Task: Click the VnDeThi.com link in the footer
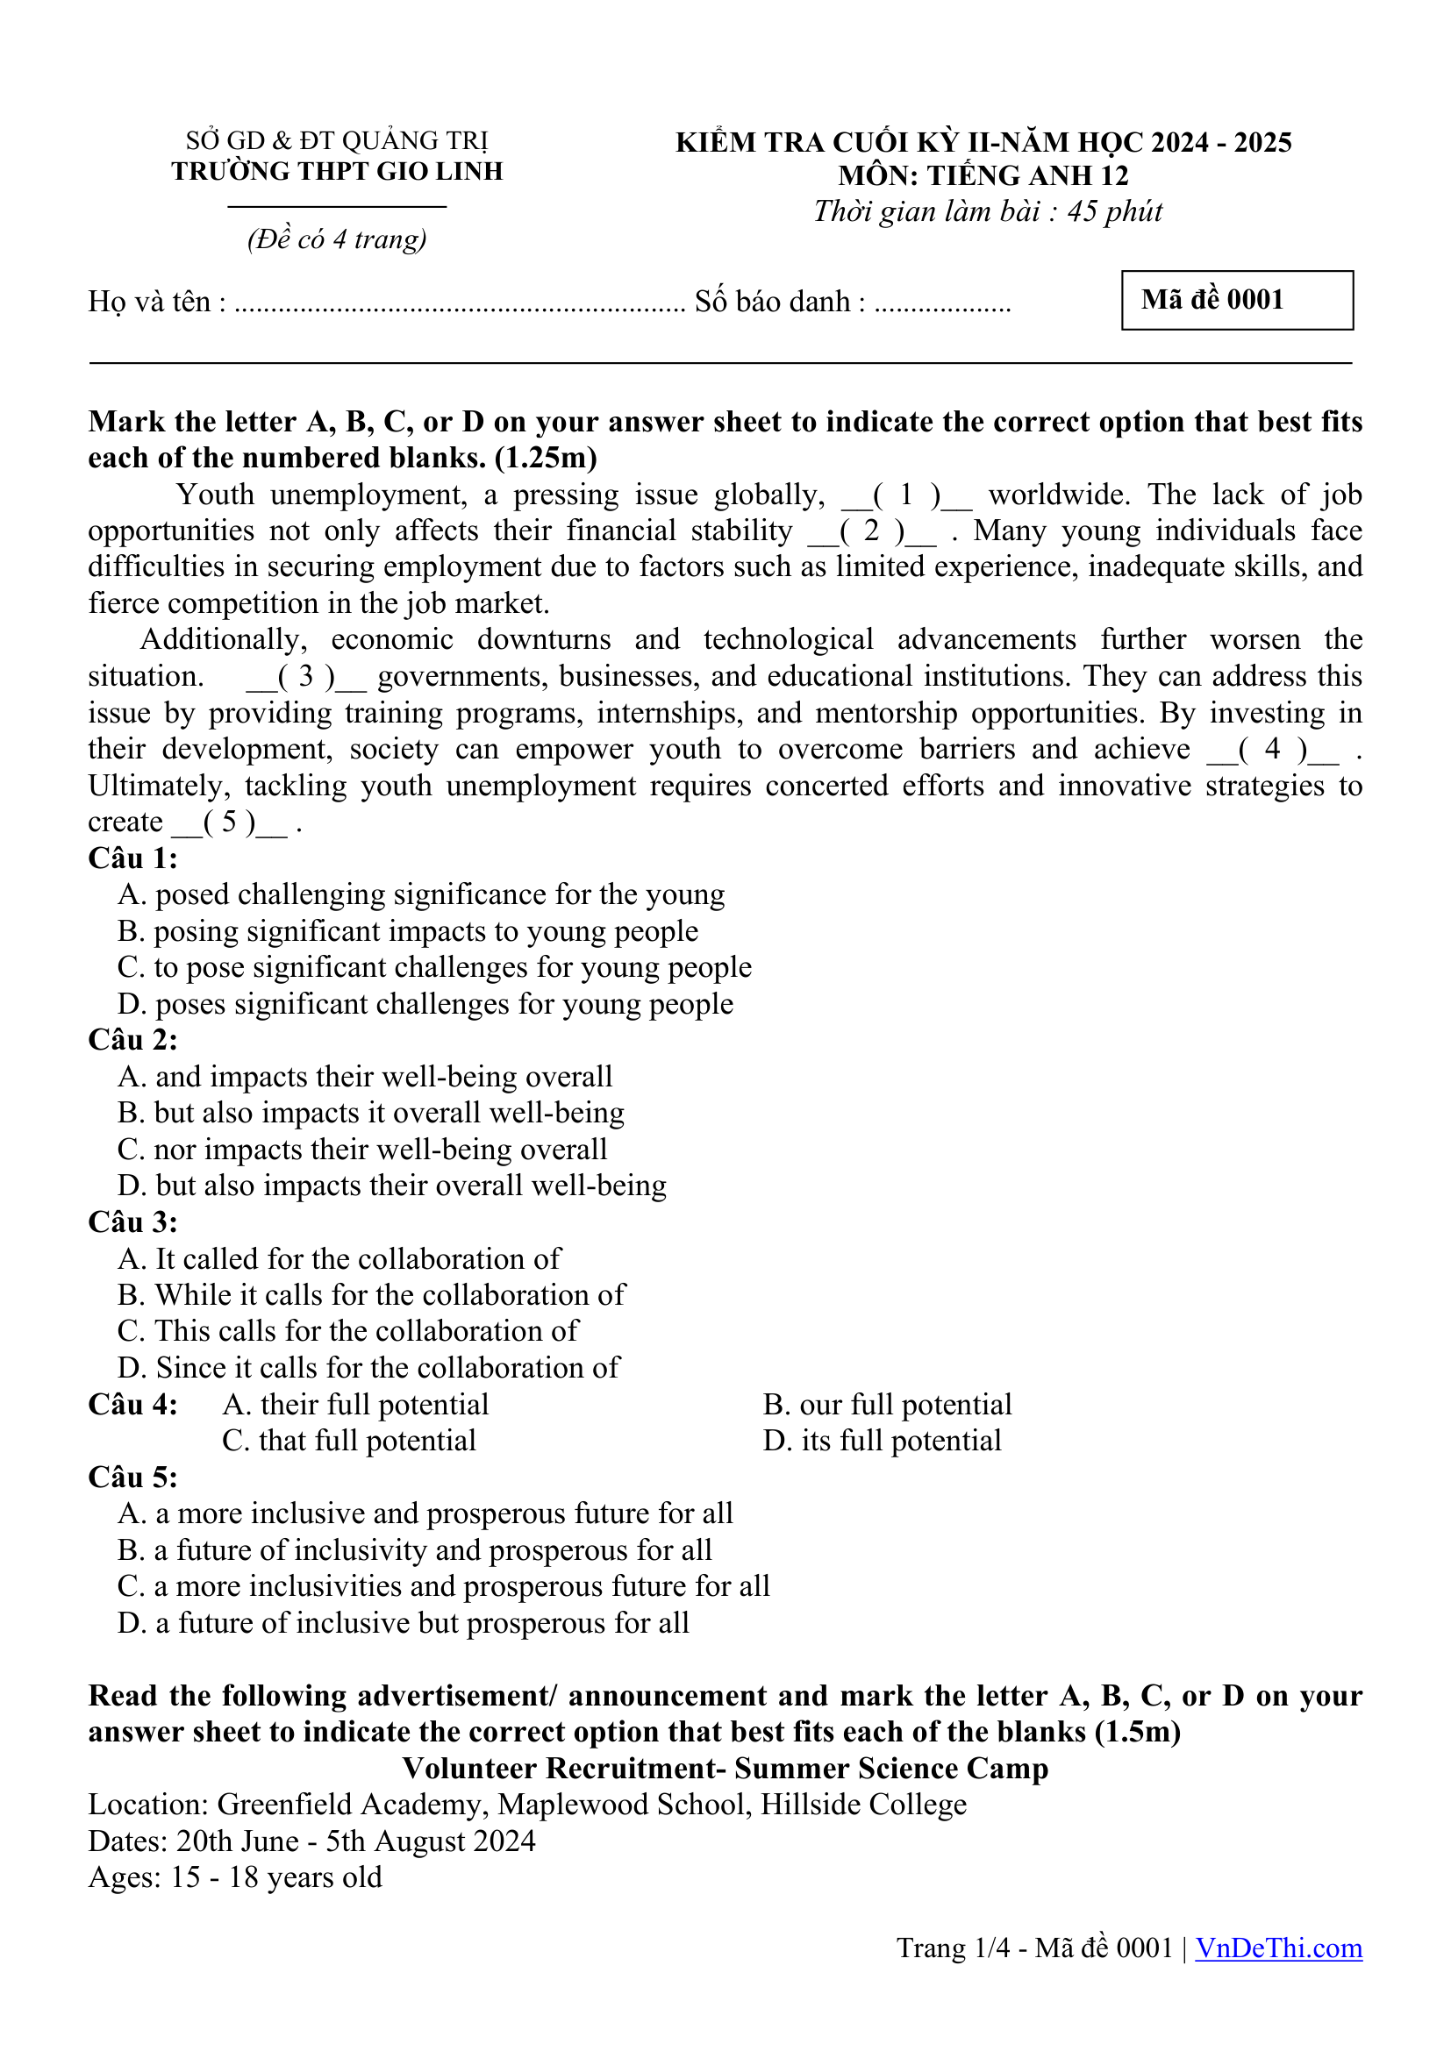click(x=1277, y=1948)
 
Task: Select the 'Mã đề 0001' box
click(x=1237, y=300)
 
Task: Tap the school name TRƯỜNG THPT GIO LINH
click(x=337, y=172)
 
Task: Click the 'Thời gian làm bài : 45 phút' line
click(x=987, y=211)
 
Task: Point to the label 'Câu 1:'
click(x=133, y=858)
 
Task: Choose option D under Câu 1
click(x=425, y=1004)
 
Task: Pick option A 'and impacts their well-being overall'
click(x=366, y=1077)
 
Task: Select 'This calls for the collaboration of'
click(x=348, y=1331)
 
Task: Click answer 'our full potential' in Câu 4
click(x=887, y=1404)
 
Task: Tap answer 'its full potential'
click(x=882, y=1441)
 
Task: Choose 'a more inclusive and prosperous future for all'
click(x=425, y=1513)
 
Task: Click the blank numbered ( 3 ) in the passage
click(x=305, y=677)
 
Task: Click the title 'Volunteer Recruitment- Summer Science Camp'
click(x=725, y=1769)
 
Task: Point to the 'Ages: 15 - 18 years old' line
click(x=235, y=1877)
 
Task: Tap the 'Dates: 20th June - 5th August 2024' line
click(x=311, y=1841)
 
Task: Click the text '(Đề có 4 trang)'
click(x=337, y=239)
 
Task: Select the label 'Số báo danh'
click(x=773, y=302)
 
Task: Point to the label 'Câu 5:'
click(x=133, y=1478)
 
